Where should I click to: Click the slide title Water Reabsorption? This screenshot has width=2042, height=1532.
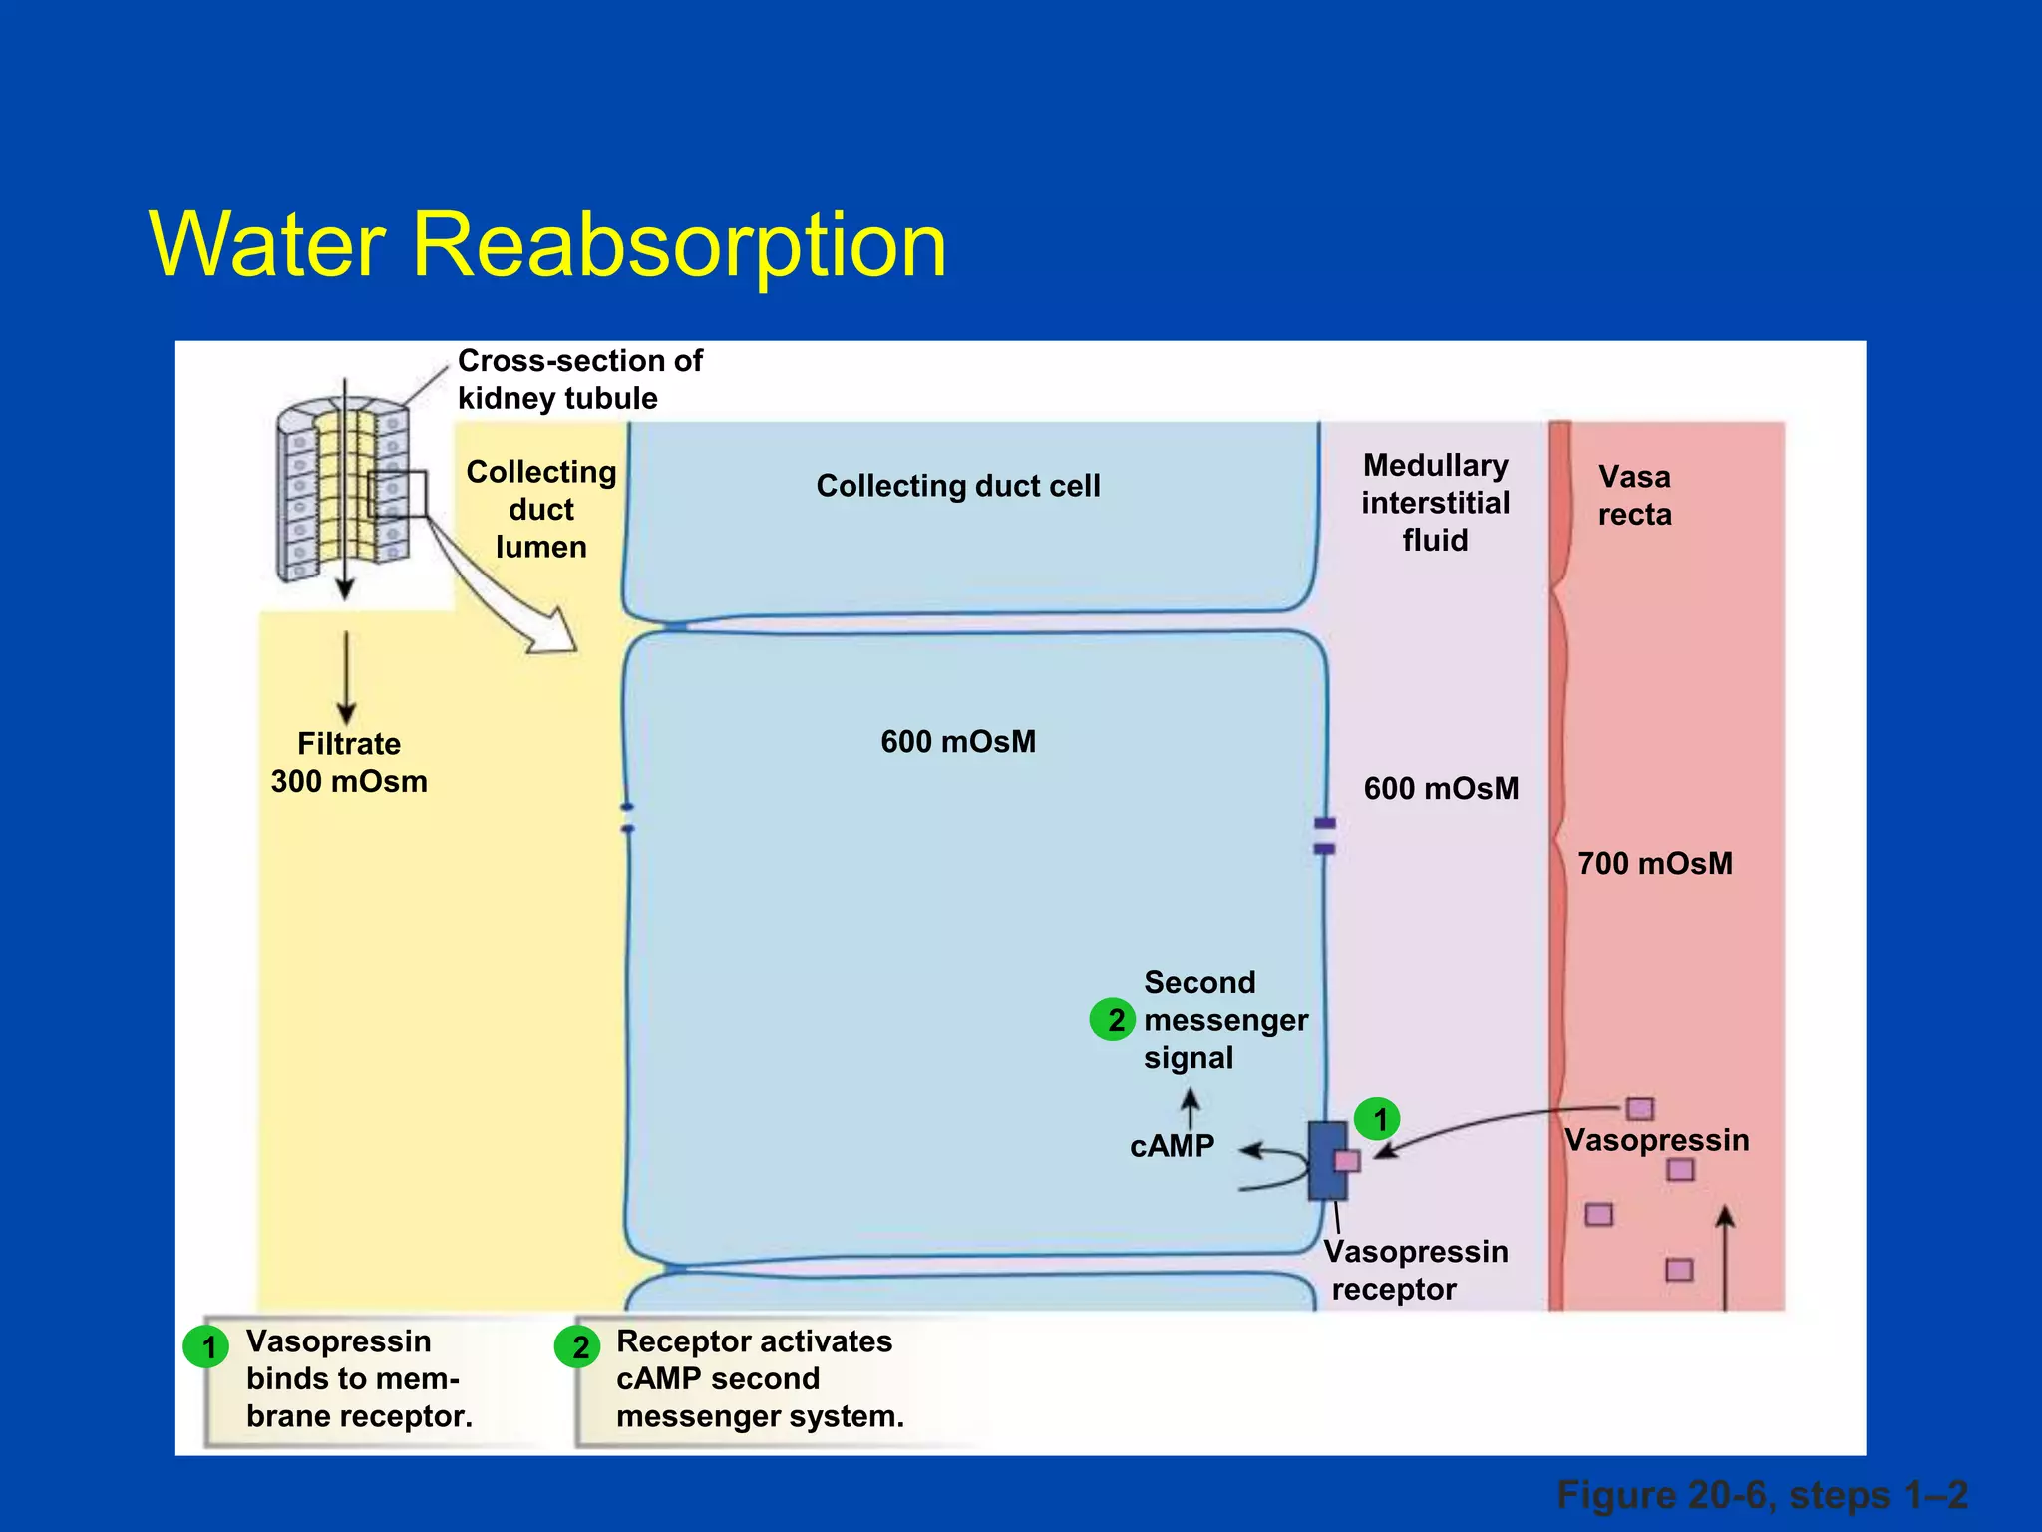[547, 244]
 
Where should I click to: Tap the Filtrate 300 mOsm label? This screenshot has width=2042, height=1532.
[349, 763]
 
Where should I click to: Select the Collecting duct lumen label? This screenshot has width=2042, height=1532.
[541, 509]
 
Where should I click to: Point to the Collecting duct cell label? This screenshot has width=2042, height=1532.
[957, 486]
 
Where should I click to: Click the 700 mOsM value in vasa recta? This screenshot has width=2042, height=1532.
[1655, 863]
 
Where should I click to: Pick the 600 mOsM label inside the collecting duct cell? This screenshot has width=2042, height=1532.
[957, 742]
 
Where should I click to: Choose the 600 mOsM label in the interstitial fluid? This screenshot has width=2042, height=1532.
[1441, 789]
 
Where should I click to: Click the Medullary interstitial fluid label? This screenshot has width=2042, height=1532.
[1436, 503]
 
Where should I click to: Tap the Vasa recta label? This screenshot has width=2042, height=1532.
[1634, 496]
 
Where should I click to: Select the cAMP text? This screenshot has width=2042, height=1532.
[1172, 1147]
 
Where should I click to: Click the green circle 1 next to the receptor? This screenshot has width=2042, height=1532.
[1379, 1119]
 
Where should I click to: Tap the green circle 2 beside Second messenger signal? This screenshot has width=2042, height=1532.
[1113, 1019]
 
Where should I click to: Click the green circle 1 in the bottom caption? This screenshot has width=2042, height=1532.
[207, 1347]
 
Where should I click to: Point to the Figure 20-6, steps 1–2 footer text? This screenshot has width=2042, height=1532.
[1762, 1495]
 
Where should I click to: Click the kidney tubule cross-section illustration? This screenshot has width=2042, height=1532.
[342, 489]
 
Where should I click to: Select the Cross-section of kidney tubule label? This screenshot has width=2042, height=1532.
[579, 379]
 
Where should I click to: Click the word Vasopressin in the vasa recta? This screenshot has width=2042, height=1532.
[1656, 1140]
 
